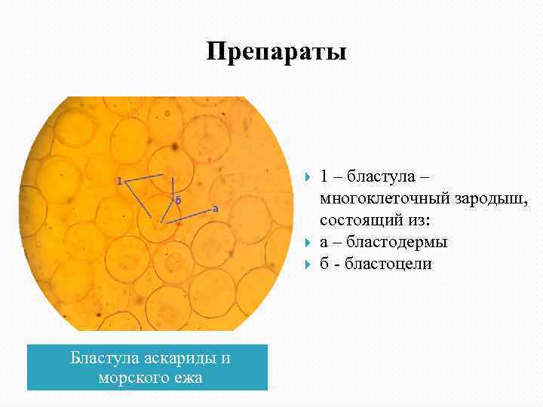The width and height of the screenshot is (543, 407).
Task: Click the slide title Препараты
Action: (x=277, y=53)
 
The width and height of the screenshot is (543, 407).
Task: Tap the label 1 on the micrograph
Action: (x=120, y=180)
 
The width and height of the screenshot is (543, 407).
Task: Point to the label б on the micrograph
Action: (x=178, y=200)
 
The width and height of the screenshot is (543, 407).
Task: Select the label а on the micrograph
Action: (x=216, y=209)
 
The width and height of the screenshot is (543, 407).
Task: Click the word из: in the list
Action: (x=416, y=220)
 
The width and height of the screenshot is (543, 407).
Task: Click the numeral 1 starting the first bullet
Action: (x=324, y=176)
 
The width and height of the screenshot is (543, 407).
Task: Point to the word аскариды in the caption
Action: (x=177, y=359)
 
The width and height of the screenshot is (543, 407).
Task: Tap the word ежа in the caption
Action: (x=187, y=377)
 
